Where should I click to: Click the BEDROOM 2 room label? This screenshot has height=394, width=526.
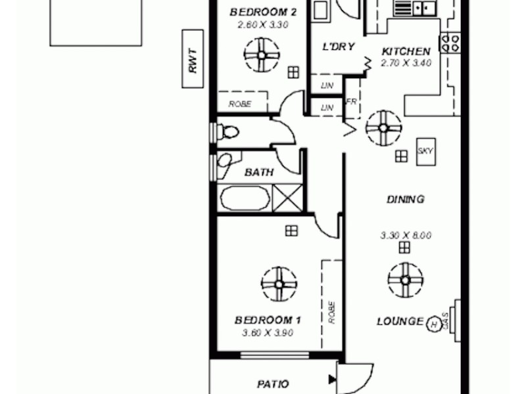click(258, 12)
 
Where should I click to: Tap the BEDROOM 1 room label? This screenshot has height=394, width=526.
click(268, 320)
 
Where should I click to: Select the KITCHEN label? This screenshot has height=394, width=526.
click(406, 51)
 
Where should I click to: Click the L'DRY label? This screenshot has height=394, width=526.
click(339, 47)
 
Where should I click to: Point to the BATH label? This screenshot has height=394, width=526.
click(259, 173)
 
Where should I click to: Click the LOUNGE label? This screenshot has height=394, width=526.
click(400, 321)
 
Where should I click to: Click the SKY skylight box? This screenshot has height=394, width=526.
click(425, 152)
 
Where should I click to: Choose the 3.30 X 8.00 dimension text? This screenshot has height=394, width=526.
click(406, 235)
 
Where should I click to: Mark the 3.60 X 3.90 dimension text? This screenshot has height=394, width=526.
click(268, 332)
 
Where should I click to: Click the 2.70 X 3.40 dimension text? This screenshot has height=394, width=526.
click(406, 63)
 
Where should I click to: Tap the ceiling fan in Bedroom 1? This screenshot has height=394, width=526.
click(279, 283)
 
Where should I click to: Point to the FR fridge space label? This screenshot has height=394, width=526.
click(352, 102)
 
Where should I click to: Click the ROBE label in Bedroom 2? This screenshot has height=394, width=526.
click(237, 104)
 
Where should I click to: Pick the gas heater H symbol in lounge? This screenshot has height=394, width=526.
click(433, 323)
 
